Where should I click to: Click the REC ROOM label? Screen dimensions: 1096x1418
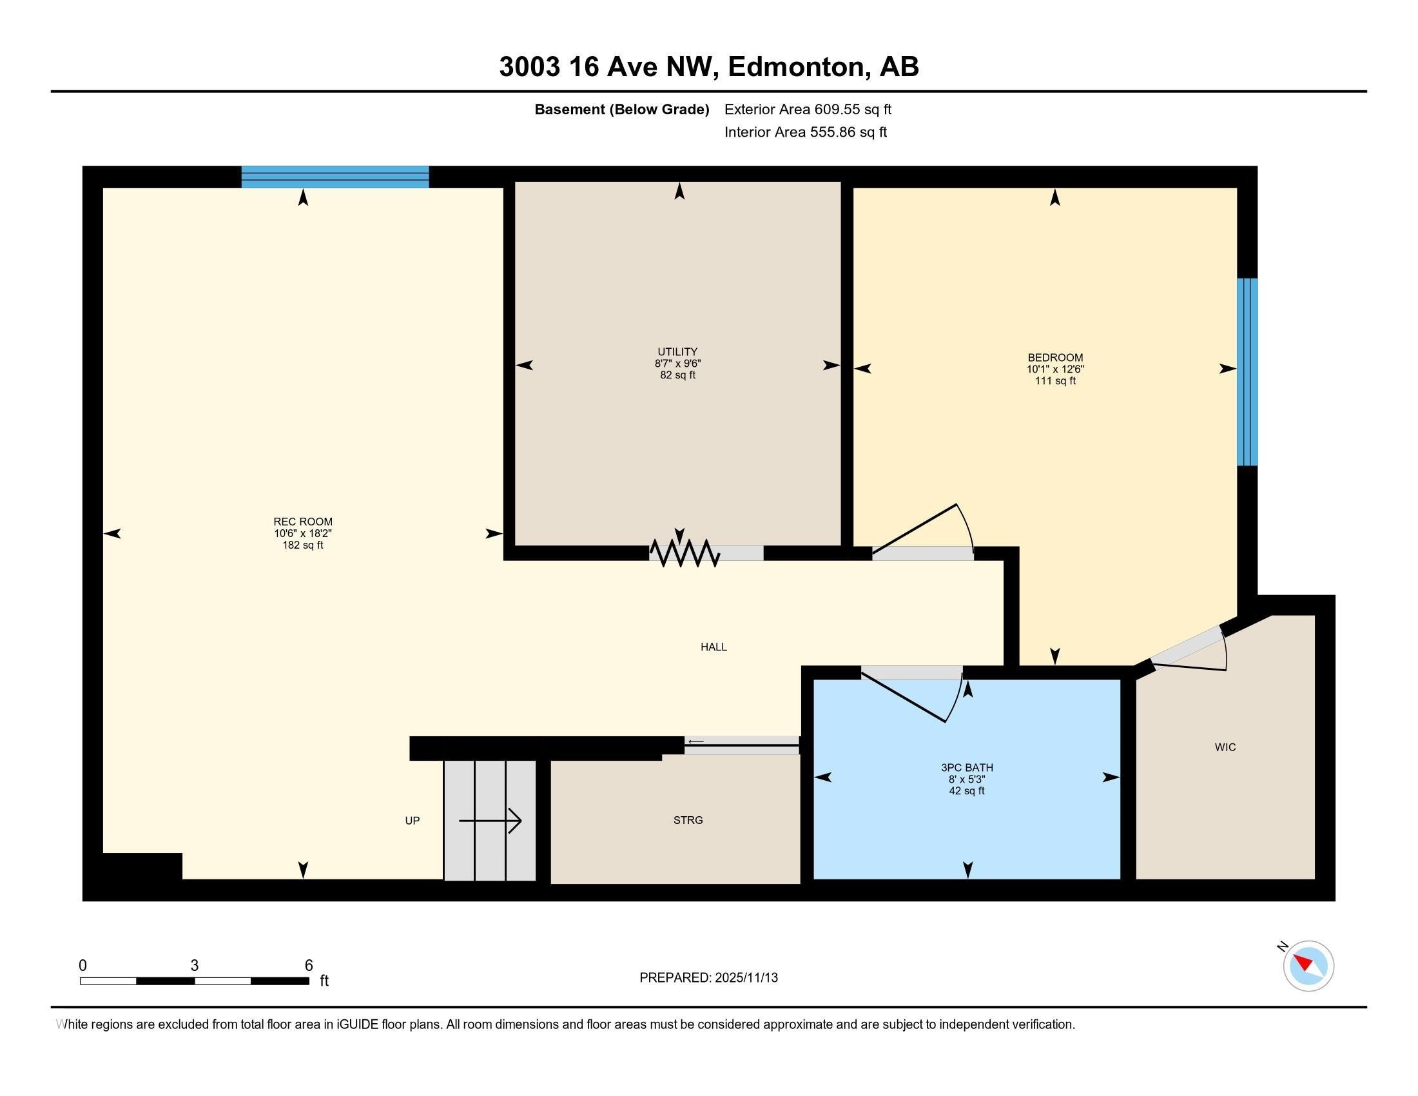[x=302, y=522]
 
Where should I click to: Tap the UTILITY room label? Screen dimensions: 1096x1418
[x=677, y=352]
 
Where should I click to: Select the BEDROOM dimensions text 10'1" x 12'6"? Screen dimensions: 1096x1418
[x=1054, y=369]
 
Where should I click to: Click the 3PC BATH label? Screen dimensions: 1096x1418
[x=967, y=767]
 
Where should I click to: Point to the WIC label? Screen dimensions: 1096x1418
[x=1225, y=747]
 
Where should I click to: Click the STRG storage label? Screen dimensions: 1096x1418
[x=688, y=820]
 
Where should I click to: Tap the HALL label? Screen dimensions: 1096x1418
[x=713, y=647]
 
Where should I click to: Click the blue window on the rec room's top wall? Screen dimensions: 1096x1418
[x=335, y=177]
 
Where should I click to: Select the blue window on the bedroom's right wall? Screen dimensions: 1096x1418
[x=1247, y=371]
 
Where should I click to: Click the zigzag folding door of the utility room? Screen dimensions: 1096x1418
[x=685, y=553]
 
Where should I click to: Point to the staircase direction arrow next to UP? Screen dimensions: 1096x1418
[x=490, y=821]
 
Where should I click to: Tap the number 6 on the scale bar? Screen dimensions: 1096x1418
[x=308, y=966]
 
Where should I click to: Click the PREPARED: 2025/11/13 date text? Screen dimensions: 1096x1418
[x=708, y=978]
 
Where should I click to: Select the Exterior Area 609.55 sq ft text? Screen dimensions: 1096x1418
[x=807, y=110]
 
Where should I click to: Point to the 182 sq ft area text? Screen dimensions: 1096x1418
[x=302, y=545]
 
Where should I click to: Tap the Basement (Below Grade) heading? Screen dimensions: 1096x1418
[x=621, y=110]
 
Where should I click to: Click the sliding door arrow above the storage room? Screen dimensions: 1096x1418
[x=696, y=741]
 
